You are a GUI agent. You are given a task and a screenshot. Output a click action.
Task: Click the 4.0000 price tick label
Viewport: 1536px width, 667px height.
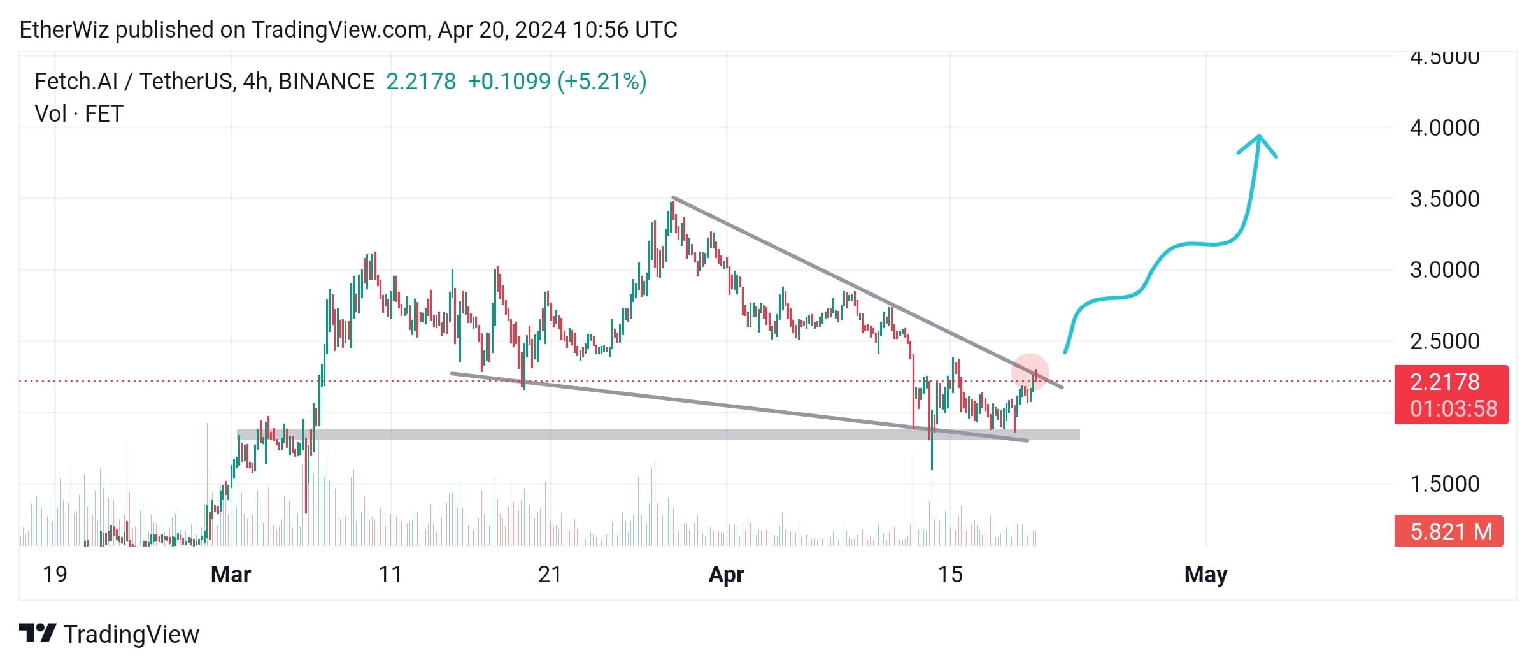point(1444,128)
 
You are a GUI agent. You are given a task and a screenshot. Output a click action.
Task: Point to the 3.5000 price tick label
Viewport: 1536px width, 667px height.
point(1444,199)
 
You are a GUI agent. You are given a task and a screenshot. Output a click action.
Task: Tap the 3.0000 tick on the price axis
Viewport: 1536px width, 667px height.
point(1444,270)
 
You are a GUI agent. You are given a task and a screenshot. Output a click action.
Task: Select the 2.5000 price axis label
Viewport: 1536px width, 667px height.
point(1444,341)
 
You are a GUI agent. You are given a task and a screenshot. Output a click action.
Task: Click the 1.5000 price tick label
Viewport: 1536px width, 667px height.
point(1444,484)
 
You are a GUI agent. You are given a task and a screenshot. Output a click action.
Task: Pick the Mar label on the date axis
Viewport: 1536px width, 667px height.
point(231,575)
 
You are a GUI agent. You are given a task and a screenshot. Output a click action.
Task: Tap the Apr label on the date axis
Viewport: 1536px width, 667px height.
point(726,575)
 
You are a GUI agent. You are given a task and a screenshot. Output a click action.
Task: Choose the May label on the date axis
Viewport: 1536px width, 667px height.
point(1205,575)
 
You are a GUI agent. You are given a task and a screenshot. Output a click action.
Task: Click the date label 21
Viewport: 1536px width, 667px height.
point(550,575)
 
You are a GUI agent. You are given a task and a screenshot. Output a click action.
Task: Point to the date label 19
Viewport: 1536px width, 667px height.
point(55,575)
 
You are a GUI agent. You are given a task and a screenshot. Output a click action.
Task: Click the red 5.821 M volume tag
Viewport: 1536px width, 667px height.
point(1449,531)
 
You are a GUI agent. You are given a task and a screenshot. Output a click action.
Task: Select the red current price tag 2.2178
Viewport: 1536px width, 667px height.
point(1451,394)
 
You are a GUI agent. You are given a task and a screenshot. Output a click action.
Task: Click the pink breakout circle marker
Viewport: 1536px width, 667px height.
point(1030,372)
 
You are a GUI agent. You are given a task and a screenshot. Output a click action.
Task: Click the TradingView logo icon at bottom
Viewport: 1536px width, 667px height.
point(37,633)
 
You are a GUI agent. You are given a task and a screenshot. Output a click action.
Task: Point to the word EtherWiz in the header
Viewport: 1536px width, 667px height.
point(64,30)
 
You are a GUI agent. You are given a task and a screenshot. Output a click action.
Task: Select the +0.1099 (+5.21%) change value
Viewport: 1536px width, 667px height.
point(557,82)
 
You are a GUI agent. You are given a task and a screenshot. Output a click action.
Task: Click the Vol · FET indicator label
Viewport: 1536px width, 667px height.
point(79,114)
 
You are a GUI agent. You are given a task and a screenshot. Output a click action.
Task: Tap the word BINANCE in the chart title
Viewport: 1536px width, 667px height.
point(326,82)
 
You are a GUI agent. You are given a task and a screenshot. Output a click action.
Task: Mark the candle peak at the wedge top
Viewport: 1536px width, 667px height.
point(672,203)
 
